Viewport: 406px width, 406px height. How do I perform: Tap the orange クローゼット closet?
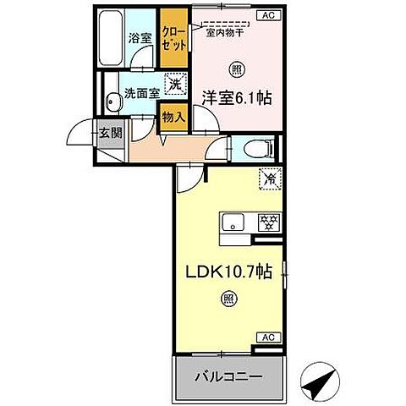coord(174,38)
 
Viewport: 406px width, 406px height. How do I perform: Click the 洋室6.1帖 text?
coord(236,98)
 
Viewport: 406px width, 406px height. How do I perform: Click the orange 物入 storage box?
coord(173,116)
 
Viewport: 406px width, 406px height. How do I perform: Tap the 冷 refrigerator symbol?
coord(269,178)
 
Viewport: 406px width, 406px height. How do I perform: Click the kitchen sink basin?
coord(233,222)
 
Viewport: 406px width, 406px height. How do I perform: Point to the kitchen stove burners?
coord(269,222)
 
